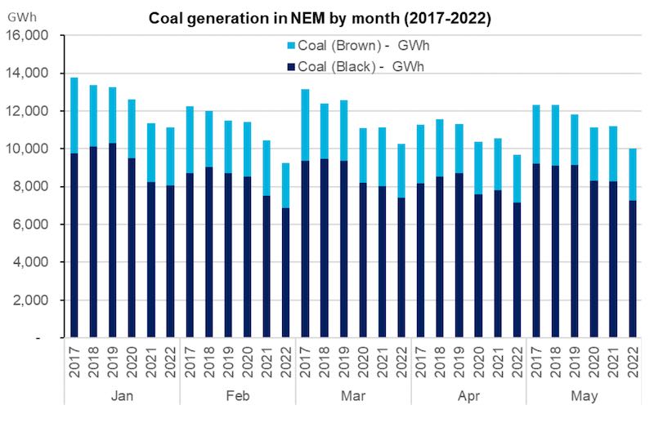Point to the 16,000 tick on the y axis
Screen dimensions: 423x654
[29, 35]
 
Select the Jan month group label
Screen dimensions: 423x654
[121, 395]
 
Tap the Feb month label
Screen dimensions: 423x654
[237, 395]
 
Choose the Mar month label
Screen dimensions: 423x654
[352, 395]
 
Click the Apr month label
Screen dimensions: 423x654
[468, 395]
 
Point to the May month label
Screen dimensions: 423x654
[584, 395]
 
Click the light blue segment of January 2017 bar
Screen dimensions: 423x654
[74, 115]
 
